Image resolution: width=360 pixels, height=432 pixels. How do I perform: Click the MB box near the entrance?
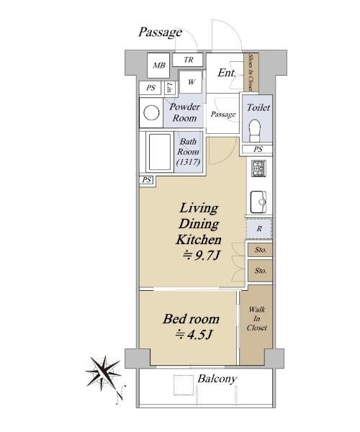[x=158, y=66]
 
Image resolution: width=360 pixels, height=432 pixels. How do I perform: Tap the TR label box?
[x=188, y=60]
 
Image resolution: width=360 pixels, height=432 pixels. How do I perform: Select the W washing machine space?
[x=191, y=82]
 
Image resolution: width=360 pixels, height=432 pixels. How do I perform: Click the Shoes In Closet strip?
[x=251, y=73]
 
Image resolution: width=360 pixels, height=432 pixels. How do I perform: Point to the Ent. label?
[x=227, y=73]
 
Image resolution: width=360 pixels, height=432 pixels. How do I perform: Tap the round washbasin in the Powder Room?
[x=151, y=113]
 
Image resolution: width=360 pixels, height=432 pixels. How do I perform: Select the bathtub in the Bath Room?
[x=160, y=152]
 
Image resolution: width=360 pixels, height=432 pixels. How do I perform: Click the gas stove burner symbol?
[x=258, y=168]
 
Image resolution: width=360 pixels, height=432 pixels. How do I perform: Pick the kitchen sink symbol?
[x=258, y=202]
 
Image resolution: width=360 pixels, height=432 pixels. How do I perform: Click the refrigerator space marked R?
[x=259, y=229]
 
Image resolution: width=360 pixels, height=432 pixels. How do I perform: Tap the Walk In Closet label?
[x=257, y=318]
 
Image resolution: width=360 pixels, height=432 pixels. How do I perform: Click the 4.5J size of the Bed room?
[x=194, y=335]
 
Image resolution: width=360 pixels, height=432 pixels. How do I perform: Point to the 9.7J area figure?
[x=201, y=256]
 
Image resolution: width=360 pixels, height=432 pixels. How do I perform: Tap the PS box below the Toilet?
[x=258, y=149]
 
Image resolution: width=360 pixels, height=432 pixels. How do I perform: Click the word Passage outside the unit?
[x=160, y=32]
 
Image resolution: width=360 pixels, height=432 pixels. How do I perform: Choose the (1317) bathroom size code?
[x=188, y=162]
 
